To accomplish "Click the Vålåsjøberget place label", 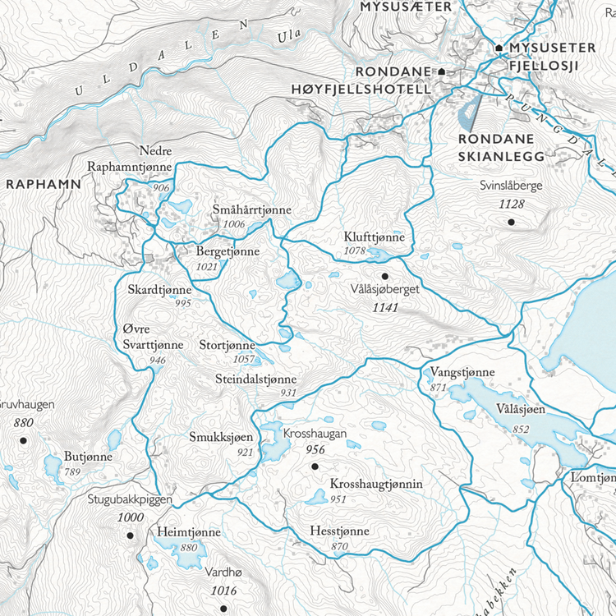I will click(x=384, y=292).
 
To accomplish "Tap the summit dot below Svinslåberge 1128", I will click(x=511, y=222).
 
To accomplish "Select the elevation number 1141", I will click(x=384, y=309).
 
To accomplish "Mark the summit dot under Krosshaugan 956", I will click(x=314, y=467).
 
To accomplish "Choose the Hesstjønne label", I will click(x=339, y=532).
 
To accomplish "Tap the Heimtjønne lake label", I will click(x=189, y=533).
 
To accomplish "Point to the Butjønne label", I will click(x=89, y=457).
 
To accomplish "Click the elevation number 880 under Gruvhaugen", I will click(x=23, y=423).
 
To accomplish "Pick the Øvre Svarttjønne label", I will click(x=152, y=338).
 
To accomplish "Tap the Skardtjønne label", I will click(x=159, y=290).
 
